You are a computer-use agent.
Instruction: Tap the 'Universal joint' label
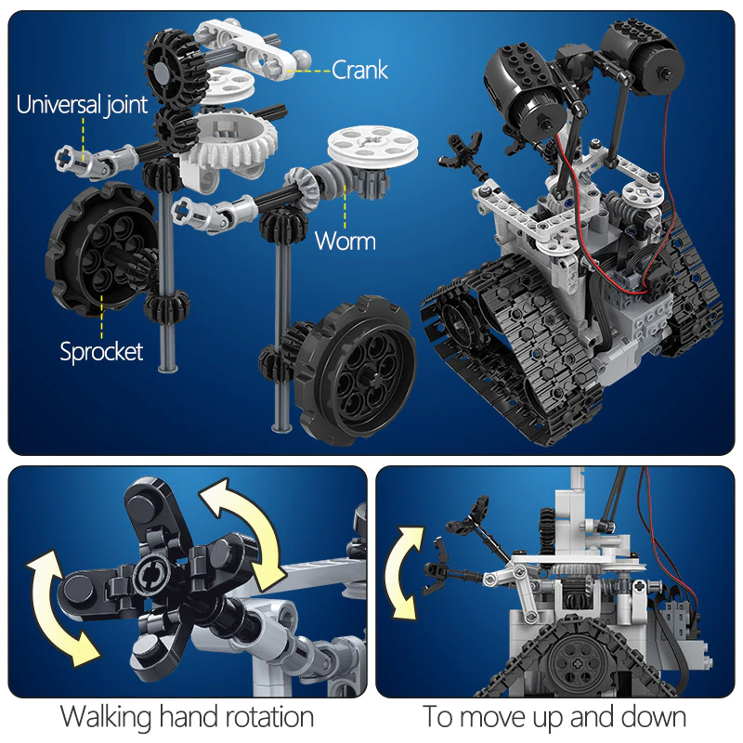(x=82, y=104)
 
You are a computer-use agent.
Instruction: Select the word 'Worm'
(x=345, y=241)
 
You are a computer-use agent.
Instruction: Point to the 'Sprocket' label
(x=101, y=351)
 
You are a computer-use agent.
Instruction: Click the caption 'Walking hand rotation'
(x=187, y=717)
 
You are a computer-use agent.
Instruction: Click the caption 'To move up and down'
(x=554, y=717)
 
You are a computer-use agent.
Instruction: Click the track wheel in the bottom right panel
(x=572, y=663)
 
